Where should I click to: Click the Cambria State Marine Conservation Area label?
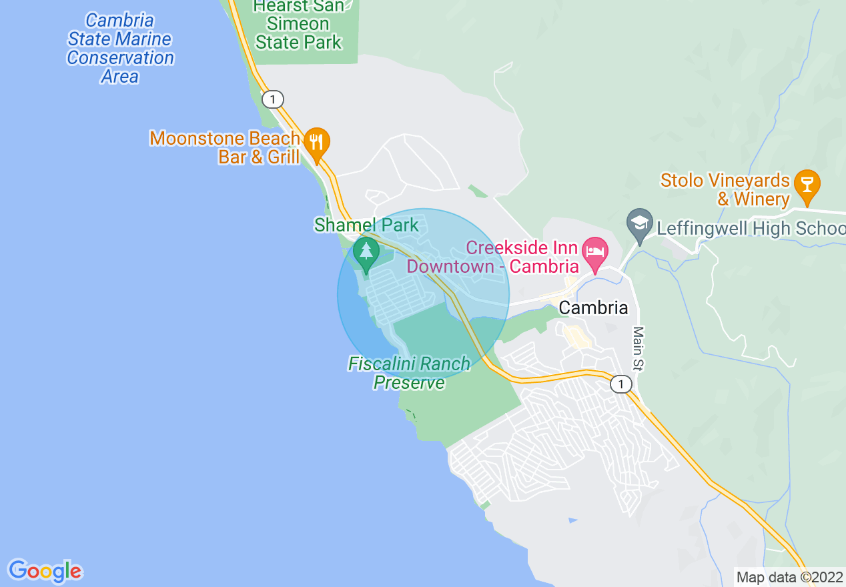(120, 49)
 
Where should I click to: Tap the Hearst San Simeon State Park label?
(299, 25)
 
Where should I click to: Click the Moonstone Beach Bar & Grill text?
(225, 147)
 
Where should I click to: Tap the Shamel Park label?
(366, 225)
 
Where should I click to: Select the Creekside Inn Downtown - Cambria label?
(492, 257)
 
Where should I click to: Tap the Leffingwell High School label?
(751, 228)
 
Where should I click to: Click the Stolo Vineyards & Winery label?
(725, 189)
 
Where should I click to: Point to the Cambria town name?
(593, 308)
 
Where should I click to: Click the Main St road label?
(639, 348)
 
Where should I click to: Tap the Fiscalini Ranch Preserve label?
(409, 374)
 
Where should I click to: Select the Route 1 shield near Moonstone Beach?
(272, 99)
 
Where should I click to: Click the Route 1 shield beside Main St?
(620, 384)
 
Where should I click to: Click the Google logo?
(45, 571)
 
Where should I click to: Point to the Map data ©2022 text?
(789, 577)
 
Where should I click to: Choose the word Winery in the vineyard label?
(762, 199)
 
